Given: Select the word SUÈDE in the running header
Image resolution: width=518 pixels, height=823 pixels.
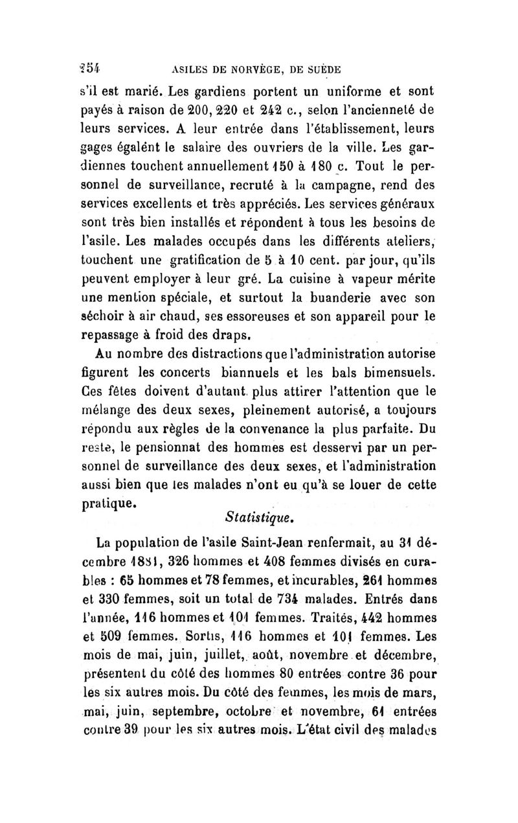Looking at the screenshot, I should (322, 69).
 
